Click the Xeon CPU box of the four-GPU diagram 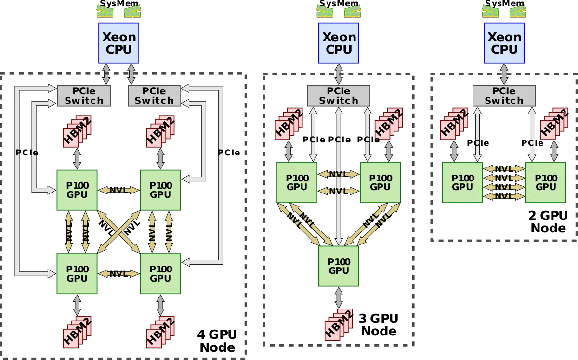click(118, 43)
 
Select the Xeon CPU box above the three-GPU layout click(339, 43)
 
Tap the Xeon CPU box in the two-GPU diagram click(504, 43)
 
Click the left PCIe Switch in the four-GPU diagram click(84, 96)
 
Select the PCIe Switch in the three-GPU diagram click(339, 96)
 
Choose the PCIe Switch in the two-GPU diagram click(504, 96)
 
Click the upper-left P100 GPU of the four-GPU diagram click(77, 190)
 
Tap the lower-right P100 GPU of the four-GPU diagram click(160, 273)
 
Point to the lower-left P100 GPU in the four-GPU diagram click(77, 273)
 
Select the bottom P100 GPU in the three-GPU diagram click(339, 266)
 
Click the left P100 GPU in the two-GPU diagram click(462, 182)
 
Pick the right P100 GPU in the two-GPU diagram click(546, 182)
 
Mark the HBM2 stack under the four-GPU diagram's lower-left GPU click(77, 332)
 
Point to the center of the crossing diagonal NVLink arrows click(118, 231)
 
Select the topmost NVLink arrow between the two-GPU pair click(504, 169)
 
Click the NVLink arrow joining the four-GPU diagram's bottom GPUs click(118, 273)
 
